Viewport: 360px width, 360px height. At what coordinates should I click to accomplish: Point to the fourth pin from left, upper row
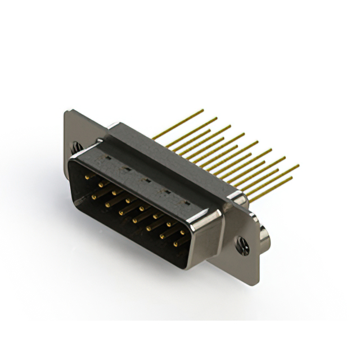pyautogui.click(x=128, y=200)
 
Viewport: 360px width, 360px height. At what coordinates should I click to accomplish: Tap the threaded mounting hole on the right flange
pyautogui.click(x=242, y=243)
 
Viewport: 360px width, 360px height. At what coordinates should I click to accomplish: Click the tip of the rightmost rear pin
pyautogui.click(x=298, y=166)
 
